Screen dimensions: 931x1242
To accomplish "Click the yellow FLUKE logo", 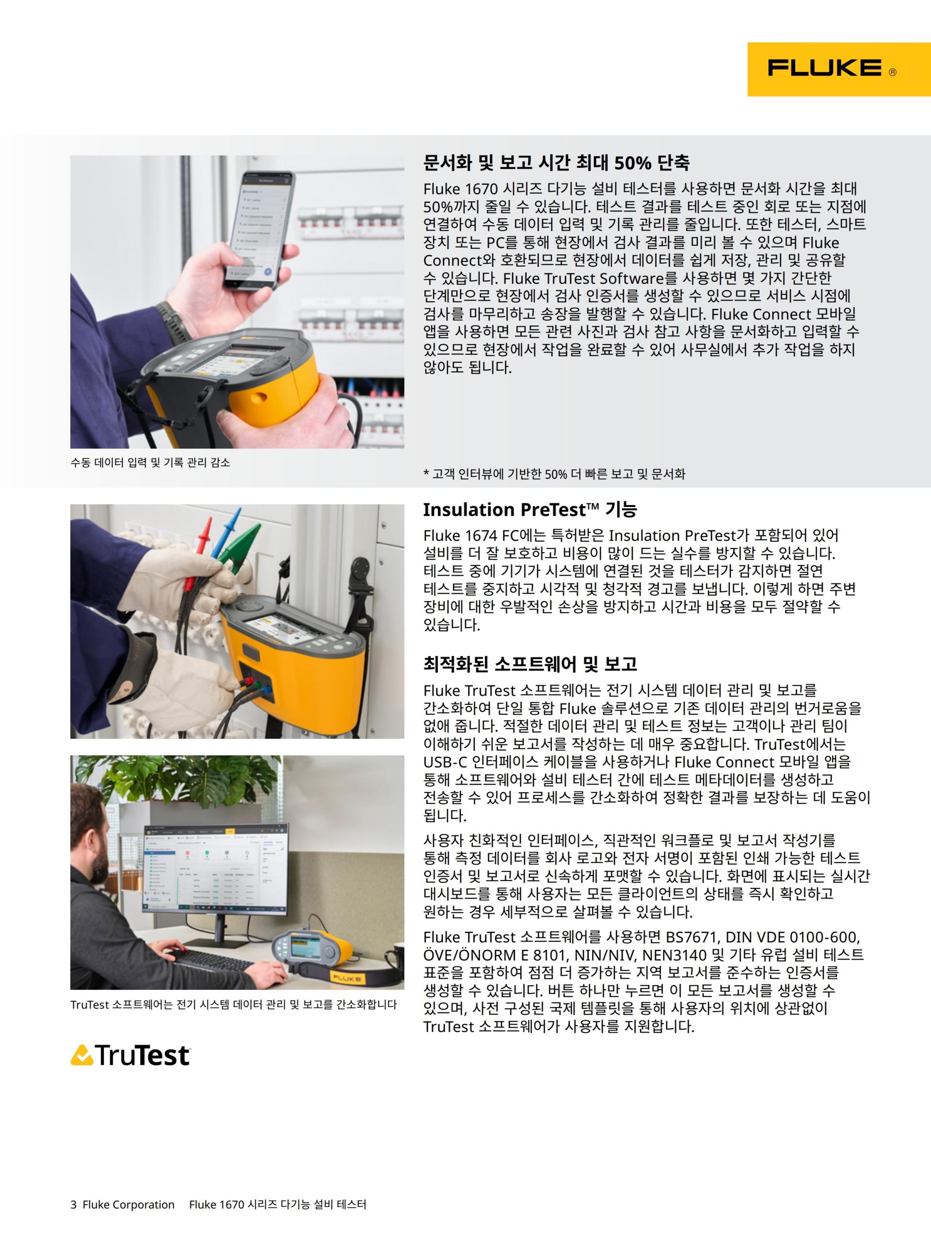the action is pyautogui.click(x=838, y=69).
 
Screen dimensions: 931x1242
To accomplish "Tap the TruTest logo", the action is pyautogui.click(x=130, y=1055).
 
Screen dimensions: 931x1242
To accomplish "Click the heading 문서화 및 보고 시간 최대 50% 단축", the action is pyautogui.click(x=556, y=163).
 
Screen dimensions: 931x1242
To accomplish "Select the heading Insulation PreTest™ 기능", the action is pyautogui.click(x=530, y=509).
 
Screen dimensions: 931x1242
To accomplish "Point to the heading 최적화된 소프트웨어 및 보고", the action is pyautogui.click(x=530, y=664).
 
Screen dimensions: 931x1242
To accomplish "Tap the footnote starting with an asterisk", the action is pyautogui.click(x=554, y=474).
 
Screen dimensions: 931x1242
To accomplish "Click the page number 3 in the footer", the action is pyautogui.click(x=74, y=1204).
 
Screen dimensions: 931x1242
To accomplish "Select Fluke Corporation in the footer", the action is pyautogui.click(x=128, y=1204).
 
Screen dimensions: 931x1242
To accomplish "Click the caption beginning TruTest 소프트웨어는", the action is pyautogui.click(x=233, y=1004).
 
